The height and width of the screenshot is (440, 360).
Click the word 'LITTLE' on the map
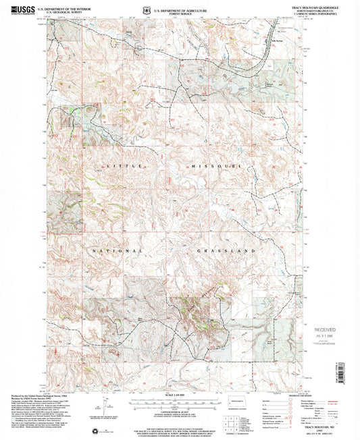(x=115, y=165)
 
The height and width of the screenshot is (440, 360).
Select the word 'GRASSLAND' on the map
(x=226, y=250)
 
